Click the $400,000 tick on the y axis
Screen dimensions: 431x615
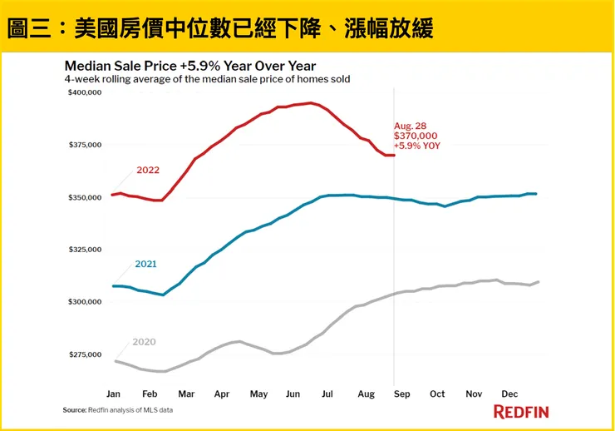pos(84,92)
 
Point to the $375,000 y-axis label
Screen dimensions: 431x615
pos(84,145)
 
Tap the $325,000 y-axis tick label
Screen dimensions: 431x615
pos(84,250)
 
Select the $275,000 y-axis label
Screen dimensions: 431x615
pos(84,354)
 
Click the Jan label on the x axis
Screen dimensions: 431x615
pos(114,393)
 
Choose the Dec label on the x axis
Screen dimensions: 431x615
pos(510,393)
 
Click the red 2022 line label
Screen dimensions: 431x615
pos(148,171)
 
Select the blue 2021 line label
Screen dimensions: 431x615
pos(146,264)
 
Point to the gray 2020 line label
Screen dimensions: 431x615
pos(144,342)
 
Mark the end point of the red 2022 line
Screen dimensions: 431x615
pos(393,155)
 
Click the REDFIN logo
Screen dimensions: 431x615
pos(521,411)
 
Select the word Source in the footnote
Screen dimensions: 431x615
pos(75,410)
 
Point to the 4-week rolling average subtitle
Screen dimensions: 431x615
pos(207,79)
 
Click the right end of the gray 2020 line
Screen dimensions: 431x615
pos(539,282)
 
